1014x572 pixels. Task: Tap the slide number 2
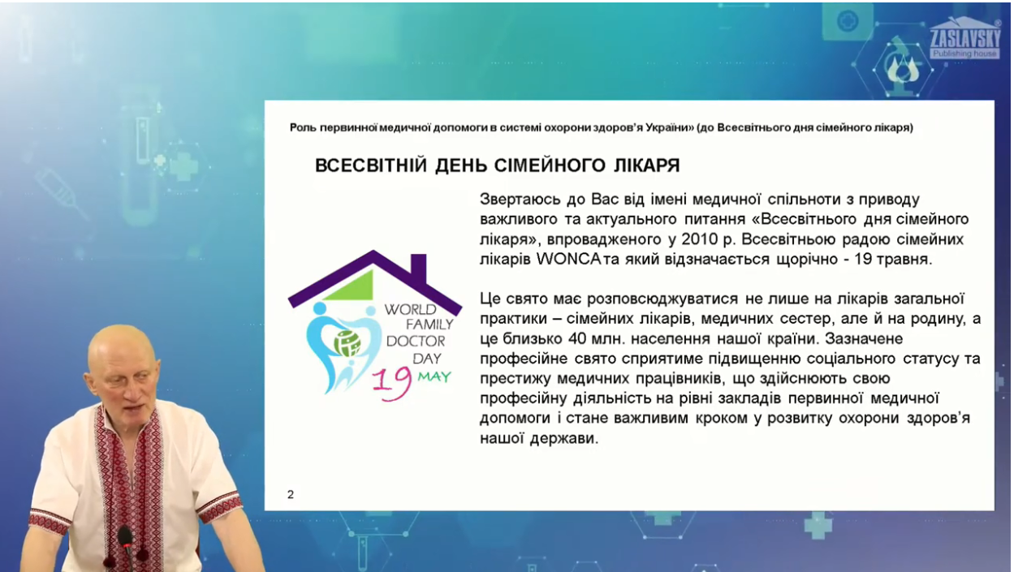click(291, 495)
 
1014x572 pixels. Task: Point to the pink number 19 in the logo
click(392, 383)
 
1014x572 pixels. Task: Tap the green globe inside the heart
click(347, 343)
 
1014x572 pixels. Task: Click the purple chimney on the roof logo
click(418, 268)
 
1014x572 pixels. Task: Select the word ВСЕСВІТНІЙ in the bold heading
click(371, 166)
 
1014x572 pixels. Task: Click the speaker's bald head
click(121, 348)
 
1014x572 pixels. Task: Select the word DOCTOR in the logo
click(416, 342)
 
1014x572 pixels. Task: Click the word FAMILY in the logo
click(429, 325)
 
